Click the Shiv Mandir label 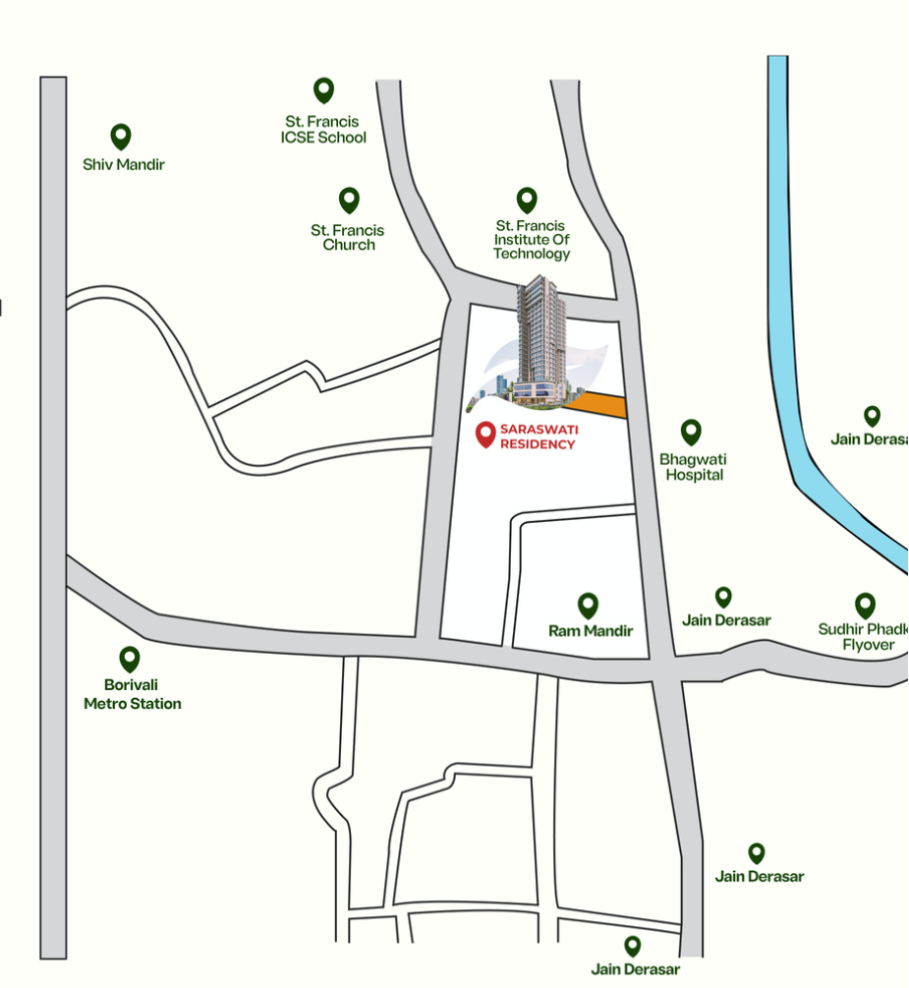[123, 164]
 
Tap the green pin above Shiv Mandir [121, 136]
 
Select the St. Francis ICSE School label [323, 130]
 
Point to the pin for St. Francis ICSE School [323, 90]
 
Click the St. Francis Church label [348, 237]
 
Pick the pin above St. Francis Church [349, 200]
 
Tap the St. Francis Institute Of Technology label [532, 239]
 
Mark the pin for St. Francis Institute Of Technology [528, 200]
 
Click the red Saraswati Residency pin [484, 434]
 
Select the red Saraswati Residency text [538, 436]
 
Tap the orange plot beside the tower [601, 404]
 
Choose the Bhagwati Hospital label [694, 467]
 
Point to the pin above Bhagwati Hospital [692, 432]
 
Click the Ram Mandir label [590, 631]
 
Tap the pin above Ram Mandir [588, 605]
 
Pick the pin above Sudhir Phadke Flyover [865, 605]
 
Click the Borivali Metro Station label [133, 694]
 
